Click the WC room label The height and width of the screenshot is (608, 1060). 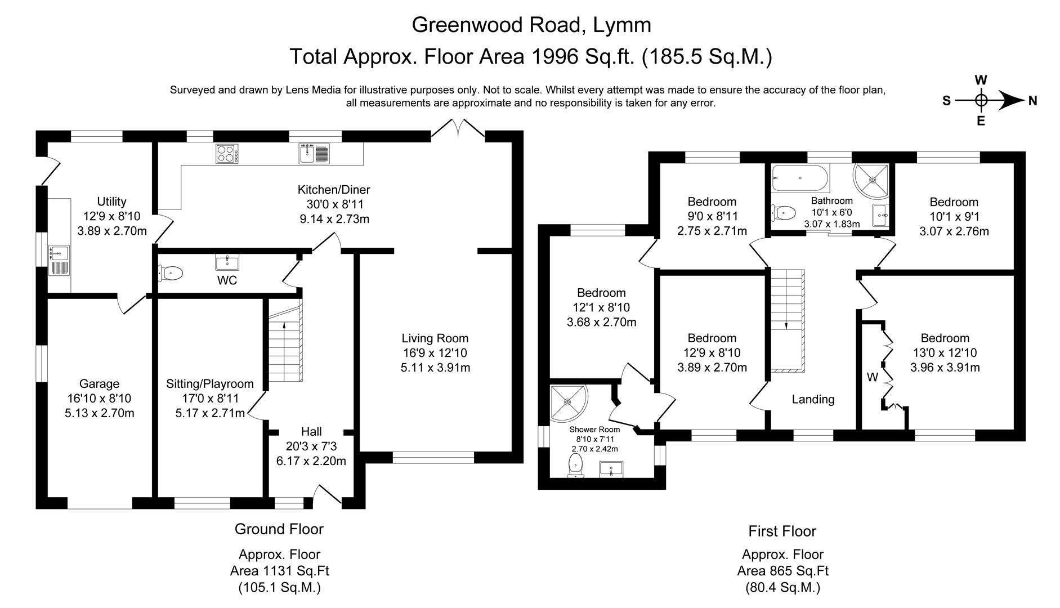(x=227, y=280)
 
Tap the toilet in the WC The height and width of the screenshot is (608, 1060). (x=171, y=274)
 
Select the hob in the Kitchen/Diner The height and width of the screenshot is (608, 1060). (x=227, y=154)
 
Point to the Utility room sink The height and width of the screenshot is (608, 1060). (x=59, y=260)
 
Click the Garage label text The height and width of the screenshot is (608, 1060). (x=99, y=383)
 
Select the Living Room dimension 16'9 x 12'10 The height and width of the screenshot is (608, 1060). (x=435, y=353)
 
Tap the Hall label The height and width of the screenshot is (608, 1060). (x=311, y=431)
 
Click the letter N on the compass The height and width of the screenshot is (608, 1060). (x=1032, y=101)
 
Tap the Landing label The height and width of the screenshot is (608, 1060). (x=813, y=399)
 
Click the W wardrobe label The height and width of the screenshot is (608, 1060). (x=872, y=377)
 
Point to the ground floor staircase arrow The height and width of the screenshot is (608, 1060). (x=284, y=325)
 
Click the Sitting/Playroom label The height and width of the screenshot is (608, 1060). (x=209, y=383)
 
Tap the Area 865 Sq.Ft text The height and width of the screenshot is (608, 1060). (x=782, y=571)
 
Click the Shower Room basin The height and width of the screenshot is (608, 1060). (x=611, y=468)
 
